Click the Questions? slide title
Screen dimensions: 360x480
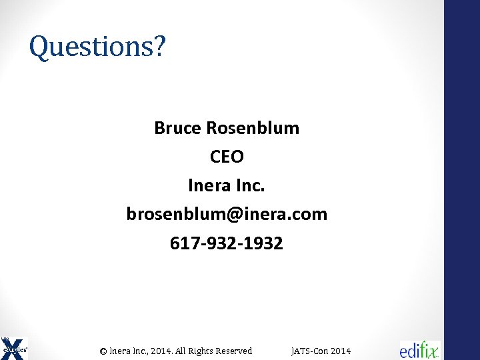pos(97,47)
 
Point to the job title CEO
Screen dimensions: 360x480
pos(227,157)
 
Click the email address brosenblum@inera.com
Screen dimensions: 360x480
pos(227,214)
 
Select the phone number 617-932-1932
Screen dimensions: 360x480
pos(227,243)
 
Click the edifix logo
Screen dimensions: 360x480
pos(420,349)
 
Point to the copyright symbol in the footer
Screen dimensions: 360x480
pos(103,351)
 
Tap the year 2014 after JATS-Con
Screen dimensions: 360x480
pos(340,351)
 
